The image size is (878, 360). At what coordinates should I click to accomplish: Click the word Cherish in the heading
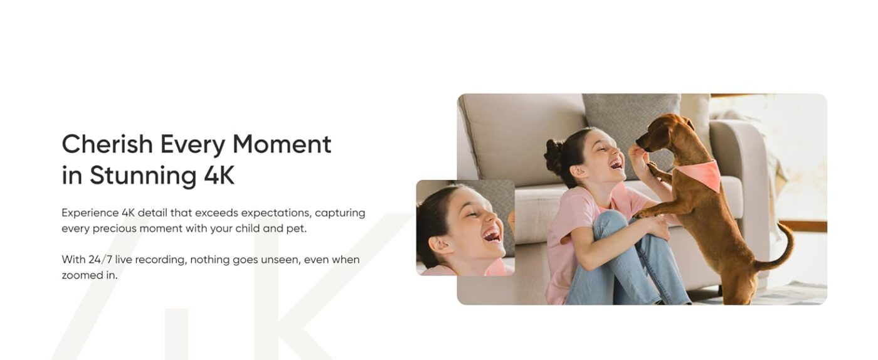(107, 144)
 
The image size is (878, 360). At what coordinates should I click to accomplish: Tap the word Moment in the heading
(282, 144)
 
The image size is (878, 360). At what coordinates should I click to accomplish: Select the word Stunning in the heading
(143, 175)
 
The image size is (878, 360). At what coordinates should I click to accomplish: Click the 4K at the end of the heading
(219, 175)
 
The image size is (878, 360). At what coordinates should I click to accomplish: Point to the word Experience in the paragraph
(90, 213)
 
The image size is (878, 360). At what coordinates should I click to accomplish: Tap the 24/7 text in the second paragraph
(100, 260)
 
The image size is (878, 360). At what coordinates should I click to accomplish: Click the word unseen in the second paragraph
(280, 260)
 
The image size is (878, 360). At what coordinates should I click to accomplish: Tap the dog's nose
(639, 142)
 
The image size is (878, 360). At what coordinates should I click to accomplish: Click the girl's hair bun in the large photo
(554, 157)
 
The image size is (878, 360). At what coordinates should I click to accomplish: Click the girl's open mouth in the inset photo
(492, 235)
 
